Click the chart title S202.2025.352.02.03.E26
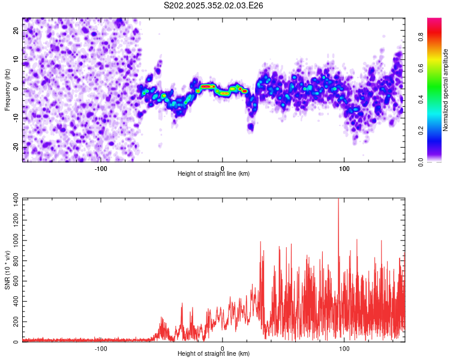point(214,5)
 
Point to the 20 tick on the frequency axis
point(16,31)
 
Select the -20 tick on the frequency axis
point(16,148)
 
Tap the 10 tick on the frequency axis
point(16,60)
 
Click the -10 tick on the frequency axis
point(16,118)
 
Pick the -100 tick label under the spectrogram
point(100,168)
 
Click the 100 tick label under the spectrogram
point(344,168)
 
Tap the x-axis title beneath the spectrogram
point(214,174)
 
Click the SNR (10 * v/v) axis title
point(7,270)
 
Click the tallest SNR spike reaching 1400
point(338,200)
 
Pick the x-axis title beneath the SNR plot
point(214,354)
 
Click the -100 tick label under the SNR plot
point(100,348)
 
